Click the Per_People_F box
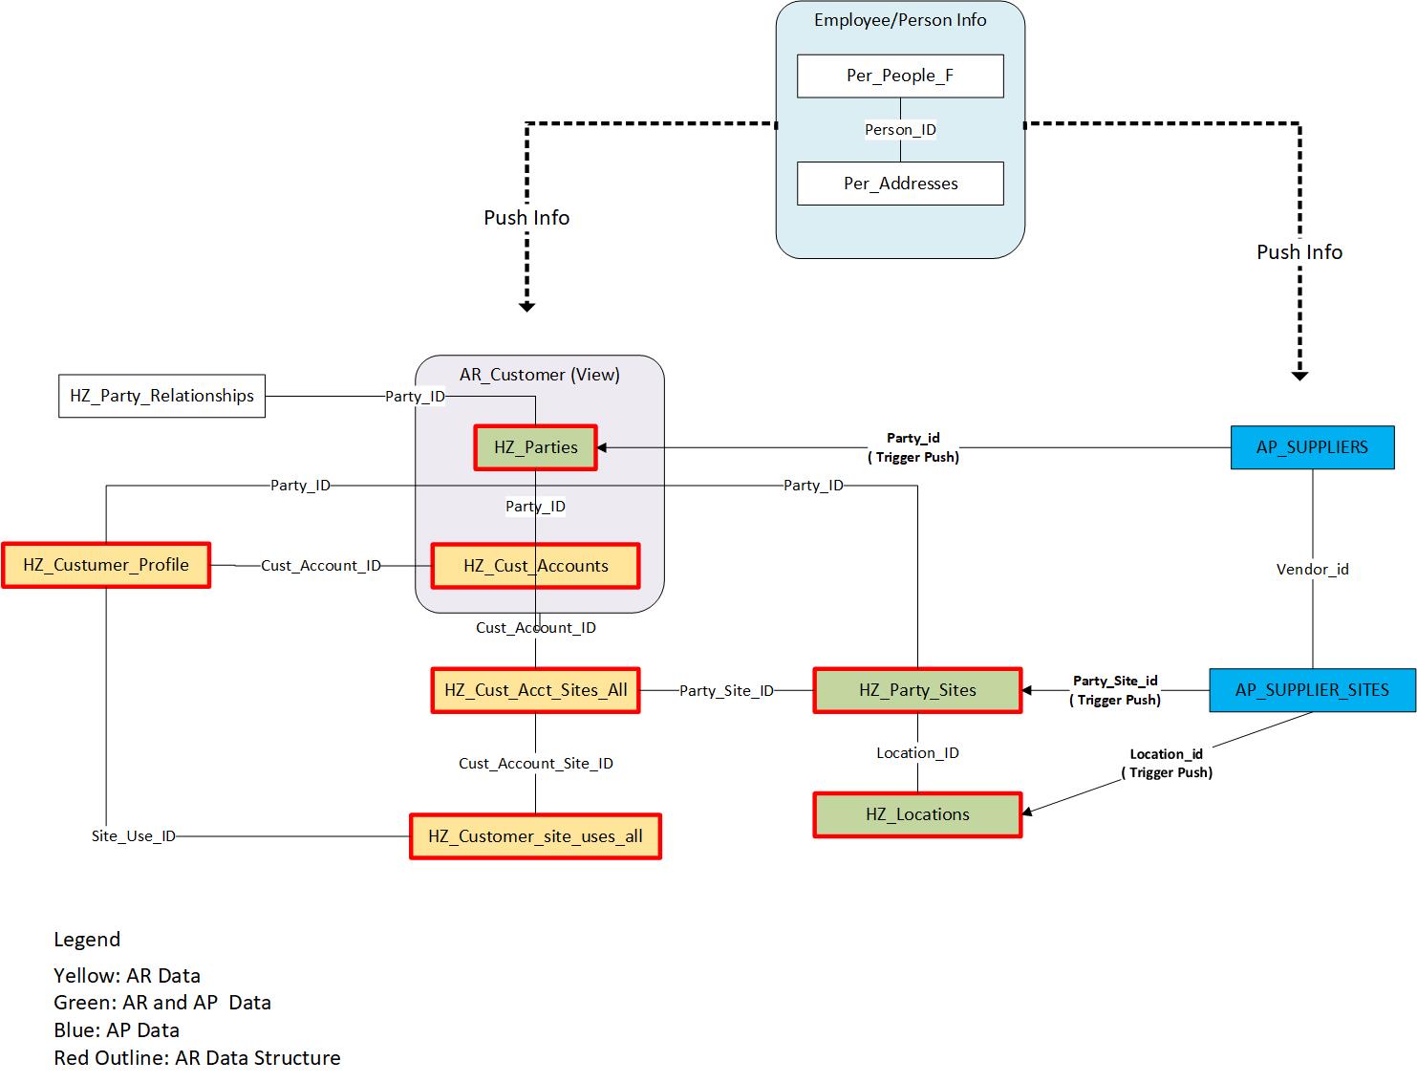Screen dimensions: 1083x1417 pos(900,76)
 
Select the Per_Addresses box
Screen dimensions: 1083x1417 pos(900,184)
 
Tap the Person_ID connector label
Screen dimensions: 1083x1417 pos(900,130)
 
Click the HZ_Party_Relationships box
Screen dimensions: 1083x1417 pos(161,396)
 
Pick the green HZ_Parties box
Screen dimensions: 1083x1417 pos(535,447)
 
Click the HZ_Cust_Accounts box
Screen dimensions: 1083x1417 pos(535,566)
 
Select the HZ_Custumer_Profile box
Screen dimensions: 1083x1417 pos(106,565)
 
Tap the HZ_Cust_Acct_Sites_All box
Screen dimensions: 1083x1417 pos(535,690)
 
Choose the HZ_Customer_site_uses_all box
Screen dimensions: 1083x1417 pos(535,836)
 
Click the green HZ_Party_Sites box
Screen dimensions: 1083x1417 pos(917,690)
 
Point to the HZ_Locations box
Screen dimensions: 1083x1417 pos(917,814)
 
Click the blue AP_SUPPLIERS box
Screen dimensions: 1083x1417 pos(1312,447)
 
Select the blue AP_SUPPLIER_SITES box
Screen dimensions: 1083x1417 pos(1312,690)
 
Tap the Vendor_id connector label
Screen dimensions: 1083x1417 pos(1312,570)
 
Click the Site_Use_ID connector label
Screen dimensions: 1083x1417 pos(134,836)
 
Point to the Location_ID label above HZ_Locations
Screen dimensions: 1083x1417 pos(917,753)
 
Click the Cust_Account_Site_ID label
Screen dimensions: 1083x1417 pos(535,764)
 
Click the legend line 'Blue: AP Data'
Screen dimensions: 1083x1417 pos(117,1030)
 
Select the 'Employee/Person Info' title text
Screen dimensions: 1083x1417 pos(900,20)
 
